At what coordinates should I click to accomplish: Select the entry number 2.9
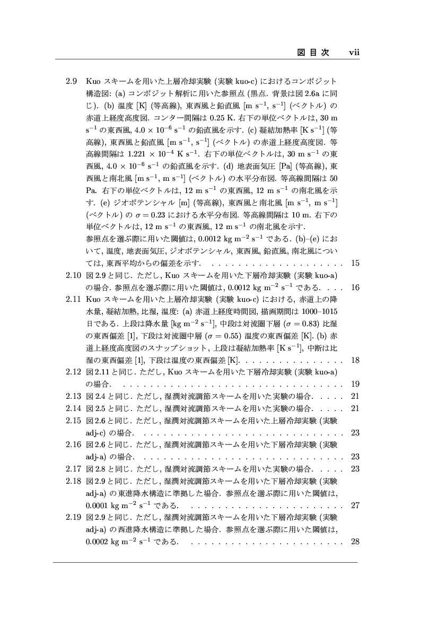pos(72,82)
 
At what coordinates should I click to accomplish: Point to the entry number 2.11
pos(72,299)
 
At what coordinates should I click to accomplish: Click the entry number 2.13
pos(72,396)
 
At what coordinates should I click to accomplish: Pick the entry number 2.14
pos(72,408)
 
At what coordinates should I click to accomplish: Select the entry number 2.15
pos(72,421)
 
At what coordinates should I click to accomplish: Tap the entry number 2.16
pos(72,444)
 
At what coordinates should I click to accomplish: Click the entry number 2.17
pos(72,468)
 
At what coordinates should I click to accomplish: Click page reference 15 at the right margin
pos(355,263)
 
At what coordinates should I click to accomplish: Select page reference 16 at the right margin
pos(355,287)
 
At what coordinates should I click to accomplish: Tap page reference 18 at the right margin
pos(355,360)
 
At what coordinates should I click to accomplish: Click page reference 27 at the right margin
pos(355,505)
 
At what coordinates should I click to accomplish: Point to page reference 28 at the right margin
pos(355,542)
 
